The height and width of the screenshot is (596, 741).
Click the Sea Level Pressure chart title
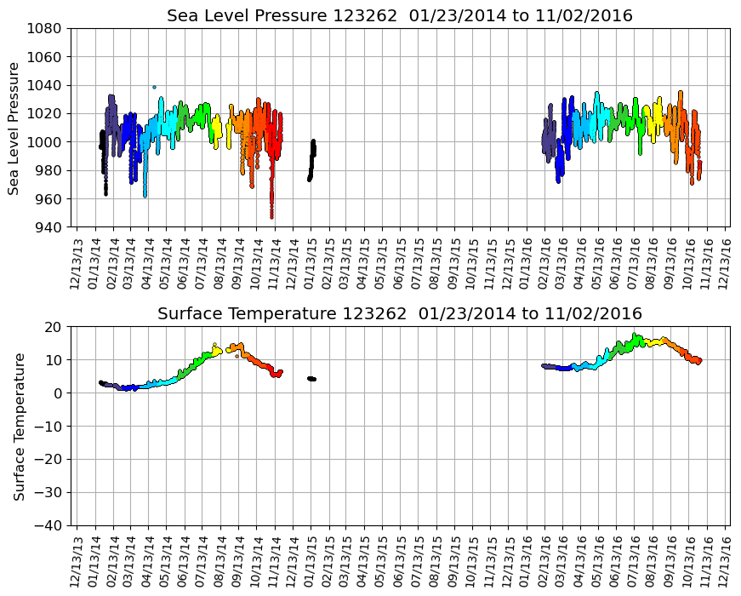[400, 16]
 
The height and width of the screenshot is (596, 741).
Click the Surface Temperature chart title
[400, 314]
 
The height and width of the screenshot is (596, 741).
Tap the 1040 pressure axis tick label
[44, 85]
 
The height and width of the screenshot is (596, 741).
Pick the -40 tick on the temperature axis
[48, 525]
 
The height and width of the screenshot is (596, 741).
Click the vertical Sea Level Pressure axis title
[14, 128]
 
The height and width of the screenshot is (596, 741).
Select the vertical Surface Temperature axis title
[19, 426]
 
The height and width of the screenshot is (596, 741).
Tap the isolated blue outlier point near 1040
[154, 87]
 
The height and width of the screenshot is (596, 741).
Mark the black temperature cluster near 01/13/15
[311, 378]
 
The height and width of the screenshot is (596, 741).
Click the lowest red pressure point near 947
[272, 216]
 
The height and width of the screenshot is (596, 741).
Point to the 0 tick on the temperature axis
[60, 393]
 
